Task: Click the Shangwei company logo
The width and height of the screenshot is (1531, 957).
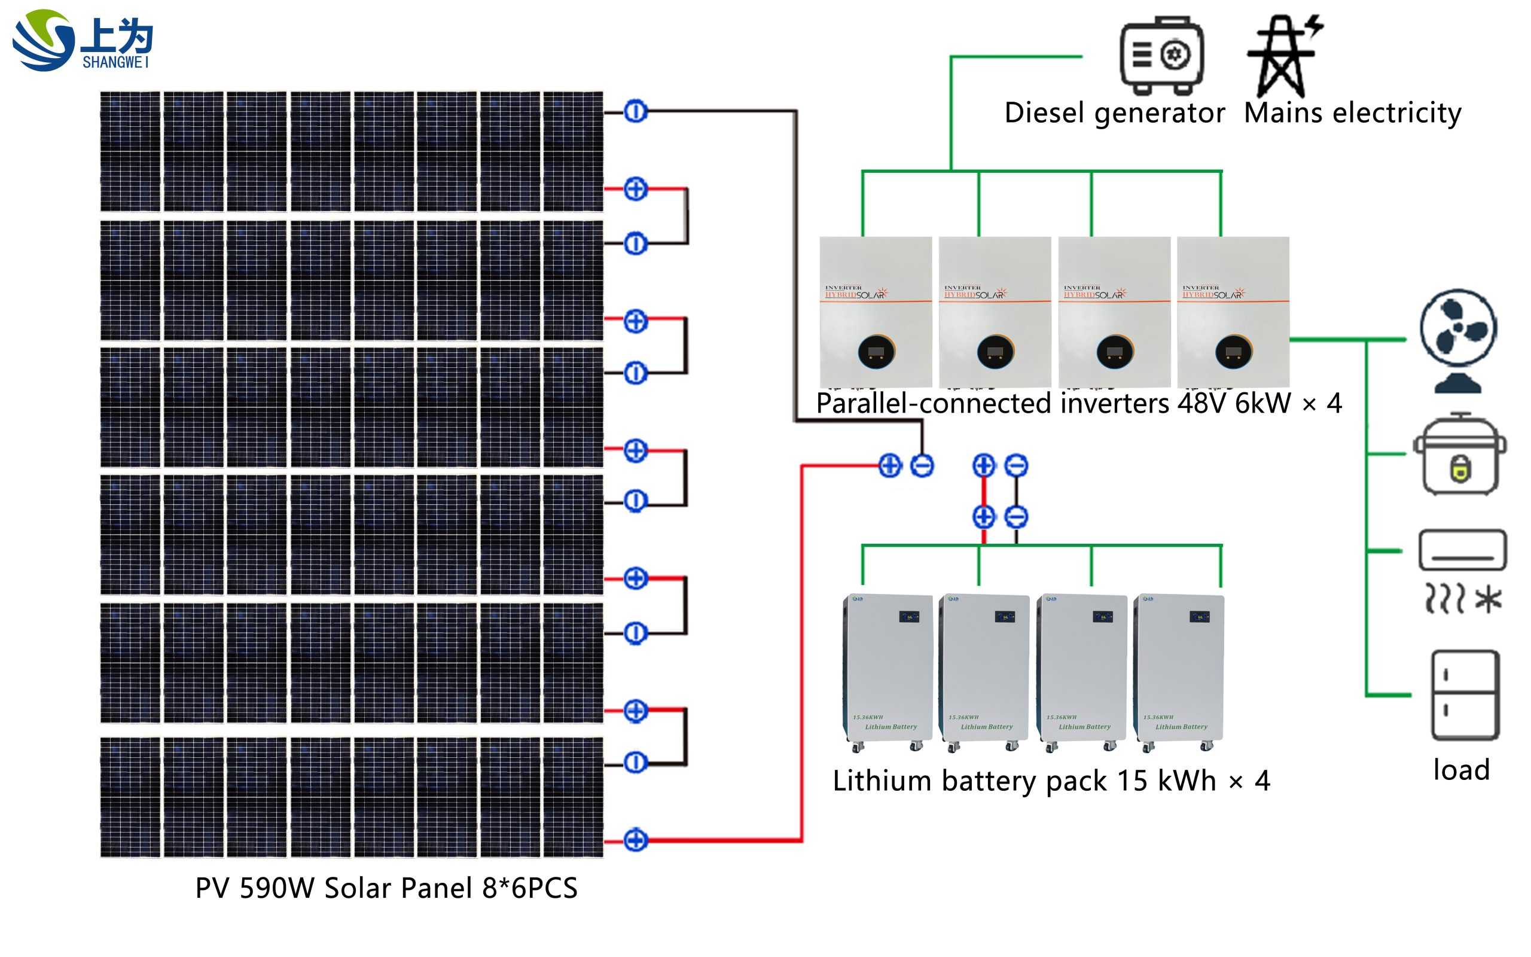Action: (x=83, y=40)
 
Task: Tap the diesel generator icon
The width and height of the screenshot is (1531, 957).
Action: (x=1161, y=56)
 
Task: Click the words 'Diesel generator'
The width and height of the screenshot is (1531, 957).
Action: (x=1114, y=113)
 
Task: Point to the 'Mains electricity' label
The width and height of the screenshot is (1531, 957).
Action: (x=1352, y=113)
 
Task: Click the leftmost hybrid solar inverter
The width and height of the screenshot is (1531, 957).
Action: (x=876, y=311)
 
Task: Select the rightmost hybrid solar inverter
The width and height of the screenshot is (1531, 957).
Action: (x=1233, y=311)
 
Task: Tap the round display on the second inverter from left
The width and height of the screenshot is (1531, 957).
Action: (x=995, y=352)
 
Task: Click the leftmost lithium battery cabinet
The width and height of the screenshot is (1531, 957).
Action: (x=888, y=671)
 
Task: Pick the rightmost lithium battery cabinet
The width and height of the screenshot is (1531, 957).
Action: (x=1179, y=671)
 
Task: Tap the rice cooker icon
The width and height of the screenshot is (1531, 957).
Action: (x=1459, y=455)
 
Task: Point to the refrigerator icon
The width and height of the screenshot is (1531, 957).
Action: (x=1465, y=695)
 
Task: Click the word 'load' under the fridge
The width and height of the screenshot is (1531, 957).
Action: (x=1462, y=770)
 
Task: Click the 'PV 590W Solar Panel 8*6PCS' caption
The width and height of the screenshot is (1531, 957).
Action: (x=386, y=888)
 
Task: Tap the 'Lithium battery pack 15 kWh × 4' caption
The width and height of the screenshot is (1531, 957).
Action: (x=1051, y=781)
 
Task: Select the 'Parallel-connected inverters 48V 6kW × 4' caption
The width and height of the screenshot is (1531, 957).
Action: (x=1079, y=404)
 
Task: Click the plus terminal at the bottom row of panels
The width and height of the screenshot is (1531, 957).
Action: (x=635, y=840)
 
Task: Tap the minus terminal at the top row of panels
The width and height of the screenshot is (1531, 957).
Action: (x=635, y=112)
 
